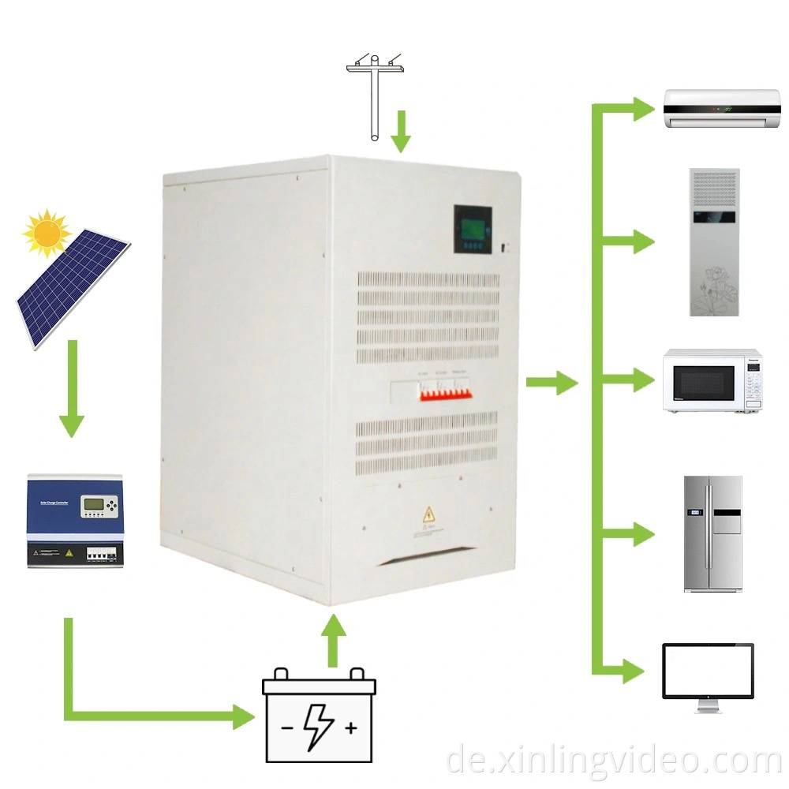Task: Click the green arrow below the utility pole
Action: (401, 131)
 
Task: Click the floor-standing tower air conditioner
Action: (714, 241)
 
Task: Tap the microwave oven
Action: (712, 380)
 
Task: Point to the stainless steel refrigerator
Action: (712, 533)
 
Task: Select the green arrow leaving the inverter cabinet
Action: (552, 383)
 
